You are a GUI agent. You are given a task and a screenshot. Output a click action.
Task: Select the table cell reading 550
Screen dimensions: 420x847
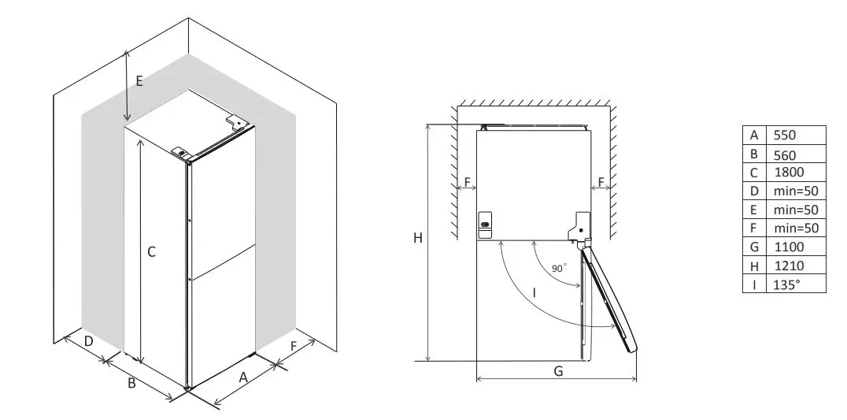785,136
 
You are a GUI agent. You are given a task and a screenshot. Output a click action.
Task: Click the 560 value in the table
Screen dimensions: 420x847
785,155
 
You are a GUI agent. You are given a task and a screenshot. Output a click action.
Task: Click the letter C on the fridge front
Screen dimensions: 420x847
151,252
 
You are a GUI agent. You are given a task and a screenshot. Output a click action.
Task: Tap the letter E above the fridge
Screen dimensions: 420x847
139,80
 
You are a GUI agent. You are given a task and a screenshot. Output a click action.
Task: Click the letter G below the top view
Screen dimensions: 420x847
557,371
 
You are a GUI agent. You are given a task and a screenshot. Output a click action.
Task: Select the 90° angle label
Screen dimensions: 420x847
558,268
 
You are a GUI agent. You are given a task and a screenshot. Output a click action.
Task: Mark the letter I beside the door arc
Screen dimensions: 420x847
534,292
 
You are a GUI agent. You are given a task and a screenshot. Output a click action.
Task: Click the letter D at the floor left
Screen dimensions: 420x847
89,341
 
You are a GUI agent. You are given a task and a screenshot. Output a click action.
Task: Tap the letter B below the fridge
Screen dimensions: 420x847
132,383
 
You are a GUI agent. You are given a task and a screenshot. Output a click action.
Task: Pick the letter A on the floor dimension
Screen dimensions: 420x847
243,377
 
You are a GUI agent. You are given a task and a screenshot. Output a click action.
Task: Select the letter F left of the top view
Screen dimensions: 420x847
467,183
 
